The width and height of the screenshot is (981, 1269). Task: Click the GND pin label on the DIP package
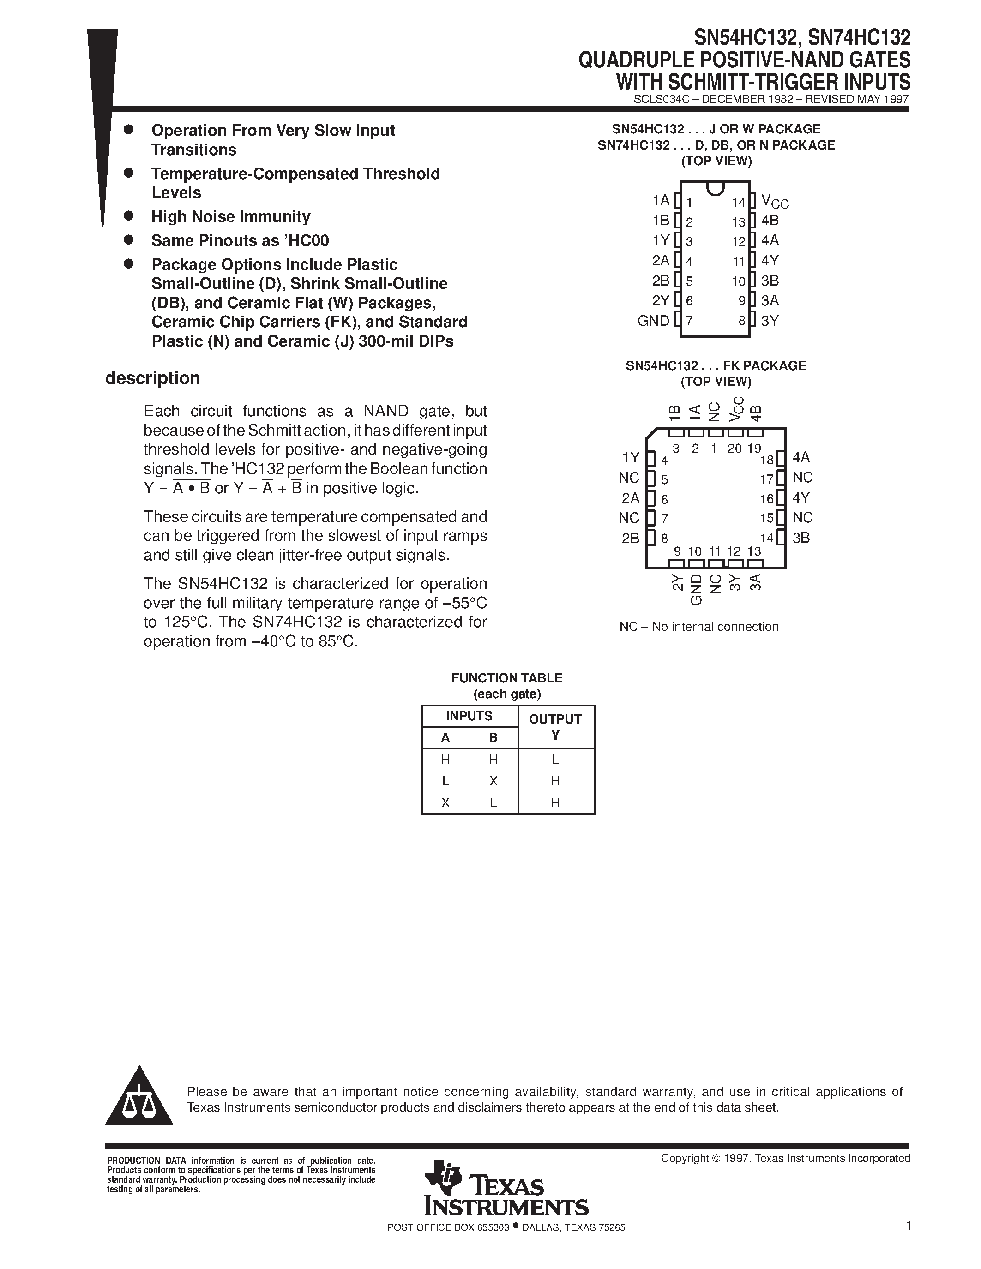[x=653, y=321]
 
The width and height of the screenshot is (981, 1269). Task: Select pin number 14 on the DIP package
[x=738, y=202]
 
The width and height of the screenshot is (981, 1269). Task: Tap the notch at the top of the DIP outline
[x=716, y=187]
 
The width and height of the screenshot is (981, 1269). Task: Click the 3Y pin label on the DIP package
[x=770, y=321]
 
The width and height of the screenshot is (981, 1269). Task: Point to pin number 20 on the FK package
[x=734, y=449]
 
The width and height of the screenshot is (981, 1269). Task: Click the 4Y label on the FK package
[x=801, y=497]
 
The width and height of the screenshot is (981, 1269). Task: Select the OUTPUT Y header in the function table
[x=555, y=726]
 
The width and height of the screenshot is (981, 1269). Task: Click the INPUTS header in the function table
[x=469, y=716]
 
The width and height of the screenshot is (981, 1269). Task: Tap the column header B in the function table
[x=494, y=738]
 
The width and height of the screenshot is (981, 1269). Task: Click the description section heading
[x=152, y=378]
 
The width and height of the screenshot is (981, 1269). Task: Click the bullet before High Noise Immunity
[x=129, y=216]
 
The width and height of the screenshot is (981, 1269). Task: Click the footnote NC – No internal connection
[x=698, y=626]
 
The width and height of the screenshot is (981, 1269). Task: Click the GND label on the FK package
[x=696, y=590]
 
